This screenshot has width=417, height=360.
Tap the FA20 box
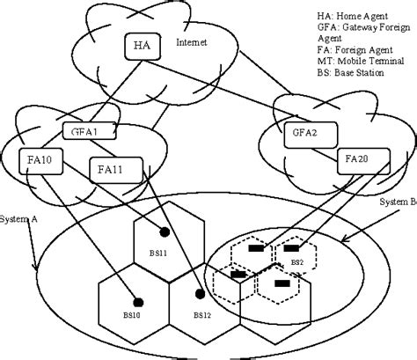pyautogui.click(x=358, y=160)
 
